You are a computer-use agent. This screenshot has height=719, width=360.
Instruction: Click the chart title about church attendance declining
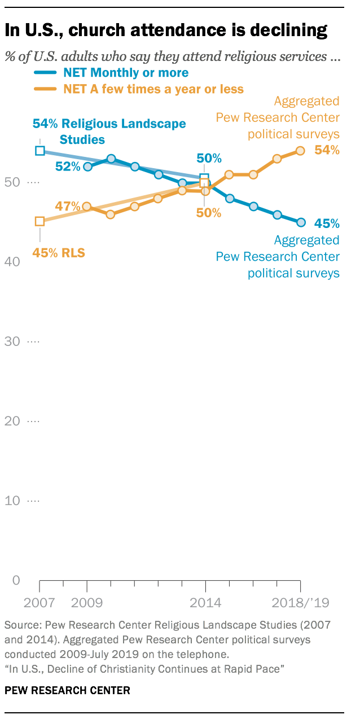166,31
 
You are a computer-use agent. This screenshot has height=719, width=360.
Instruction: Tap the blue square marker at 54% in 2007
39,150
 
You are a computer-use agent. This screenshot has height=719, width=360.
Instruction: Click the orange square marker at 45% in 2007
39,221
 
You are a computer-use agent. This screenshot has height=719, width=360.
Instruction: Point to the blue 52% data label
67,166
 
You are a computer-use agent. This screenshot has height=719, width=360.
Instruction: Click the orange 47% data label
67,207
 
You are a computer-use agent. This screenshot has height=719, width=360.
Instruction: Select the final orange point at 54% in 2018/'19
301,151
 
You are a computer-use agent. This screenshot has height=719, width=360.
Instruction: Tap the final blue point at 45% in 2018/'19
301,222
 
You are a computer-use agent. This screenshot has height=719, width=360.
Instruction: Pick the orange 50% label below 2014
209,213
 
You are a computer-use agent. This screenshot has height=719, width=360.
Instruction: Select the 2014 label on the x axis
205,602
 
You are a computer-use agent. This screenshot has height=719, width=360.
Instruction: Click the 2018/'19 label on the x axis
300,602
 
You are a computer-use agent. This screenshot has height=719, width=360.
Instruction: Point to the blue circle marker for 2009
87,166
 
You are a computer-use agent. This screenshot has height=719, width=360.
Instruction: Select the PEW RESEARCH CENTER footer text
67,690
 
